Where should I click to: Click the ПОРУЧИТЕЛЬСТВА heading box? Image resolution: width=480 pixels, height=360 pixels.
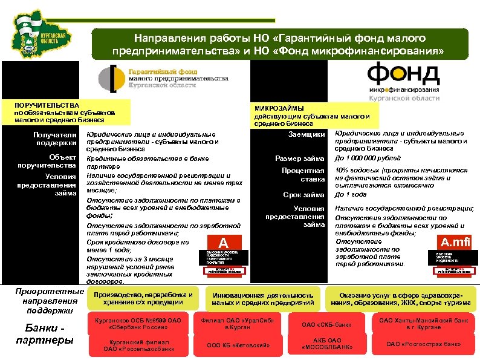click(x=65, y=113)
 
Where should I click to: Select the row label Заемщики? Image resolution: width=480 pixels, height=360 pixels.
click(x=308, y=134)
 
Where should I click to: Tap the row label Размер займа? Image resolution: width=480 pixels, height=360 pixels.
click(x=300, y=159)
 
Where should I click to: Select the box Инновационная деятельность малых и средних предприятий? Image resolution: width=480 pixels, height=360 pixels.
click(x=262, y=298)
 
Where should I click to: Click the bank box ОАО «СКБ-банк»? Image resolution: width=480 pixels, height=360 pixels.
click(x=327, y=324)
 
